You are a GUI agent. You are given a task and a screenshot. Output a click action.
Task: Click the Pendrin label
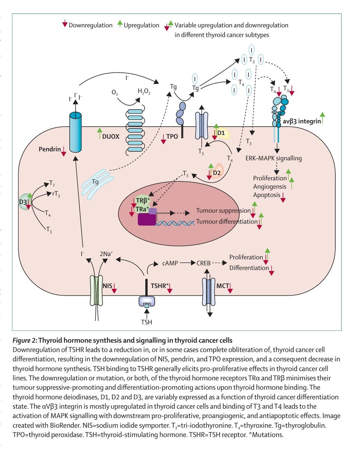tap(49, 149)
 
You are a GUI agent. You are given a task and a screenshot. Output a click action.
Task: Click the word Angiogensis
tap(269, 186)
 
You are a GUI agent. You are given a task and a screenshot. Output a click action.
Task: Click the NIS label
tap(108, 286)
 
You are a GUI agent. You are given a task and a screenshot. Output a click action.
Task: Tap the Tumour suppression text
tap(223, 210)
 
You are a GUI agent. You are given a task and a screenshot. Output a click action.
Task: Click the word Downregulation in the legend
tap(90, 25)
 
